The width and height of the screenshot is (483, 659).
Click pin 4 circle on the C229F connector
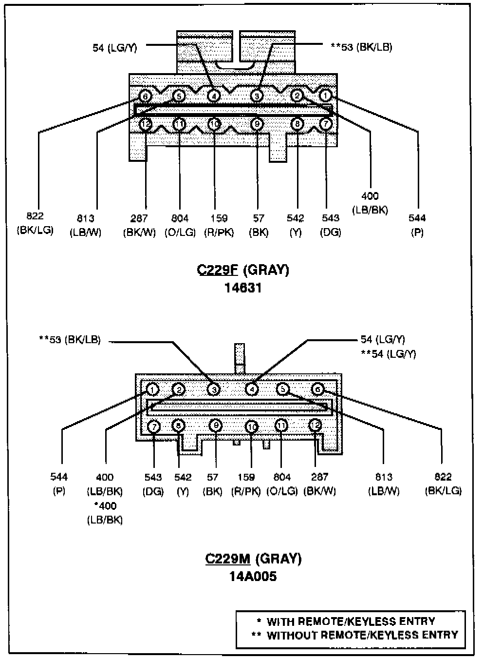(x=214, y=96)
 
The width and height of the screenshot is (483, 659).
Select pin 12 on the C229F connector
(x=146, y=124)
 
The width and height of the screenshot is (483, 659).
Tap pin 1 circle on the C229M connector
(x=152, y=389)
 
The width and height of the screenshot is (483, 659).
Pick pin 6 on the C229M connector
(x=317, y=389)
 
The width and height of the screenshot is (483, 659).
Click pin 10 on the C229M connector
(x=251, y=427)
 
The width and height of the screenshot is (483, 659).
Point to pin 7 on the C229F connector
(x=326, y=124)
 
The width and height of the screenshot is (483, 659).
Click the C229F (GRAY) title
(x=243, y=270)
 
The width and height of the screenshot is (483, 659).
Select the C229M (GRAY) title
(x=253, y=559)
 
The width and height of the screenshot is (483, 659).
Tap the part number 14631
(x=243, y=288)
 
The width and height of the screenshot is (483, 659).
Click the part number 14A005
(x=253, y=576)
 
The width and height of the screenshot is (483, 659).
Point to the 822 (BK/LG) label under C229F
(x=35, y=223)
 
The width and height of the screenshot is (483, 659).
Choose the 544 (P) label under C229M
(x=59, y=484)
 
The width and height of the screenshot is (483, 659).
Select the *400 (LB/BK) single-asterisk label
(x=105, y=513)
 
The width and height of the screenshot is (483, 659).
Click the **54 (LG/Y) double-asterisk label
(x=388, y=354)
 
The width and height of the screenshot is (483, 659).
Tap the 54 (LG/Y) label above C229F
(x=115, y=47)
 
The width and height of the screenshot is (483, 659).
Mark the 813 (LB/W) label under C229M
(x=384, y=484)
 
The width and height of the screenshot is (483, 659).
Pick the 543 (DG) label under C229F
(x=331, y=225)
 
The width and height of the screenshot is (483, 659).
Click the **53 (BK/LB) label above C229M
(x=70, y=340)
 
